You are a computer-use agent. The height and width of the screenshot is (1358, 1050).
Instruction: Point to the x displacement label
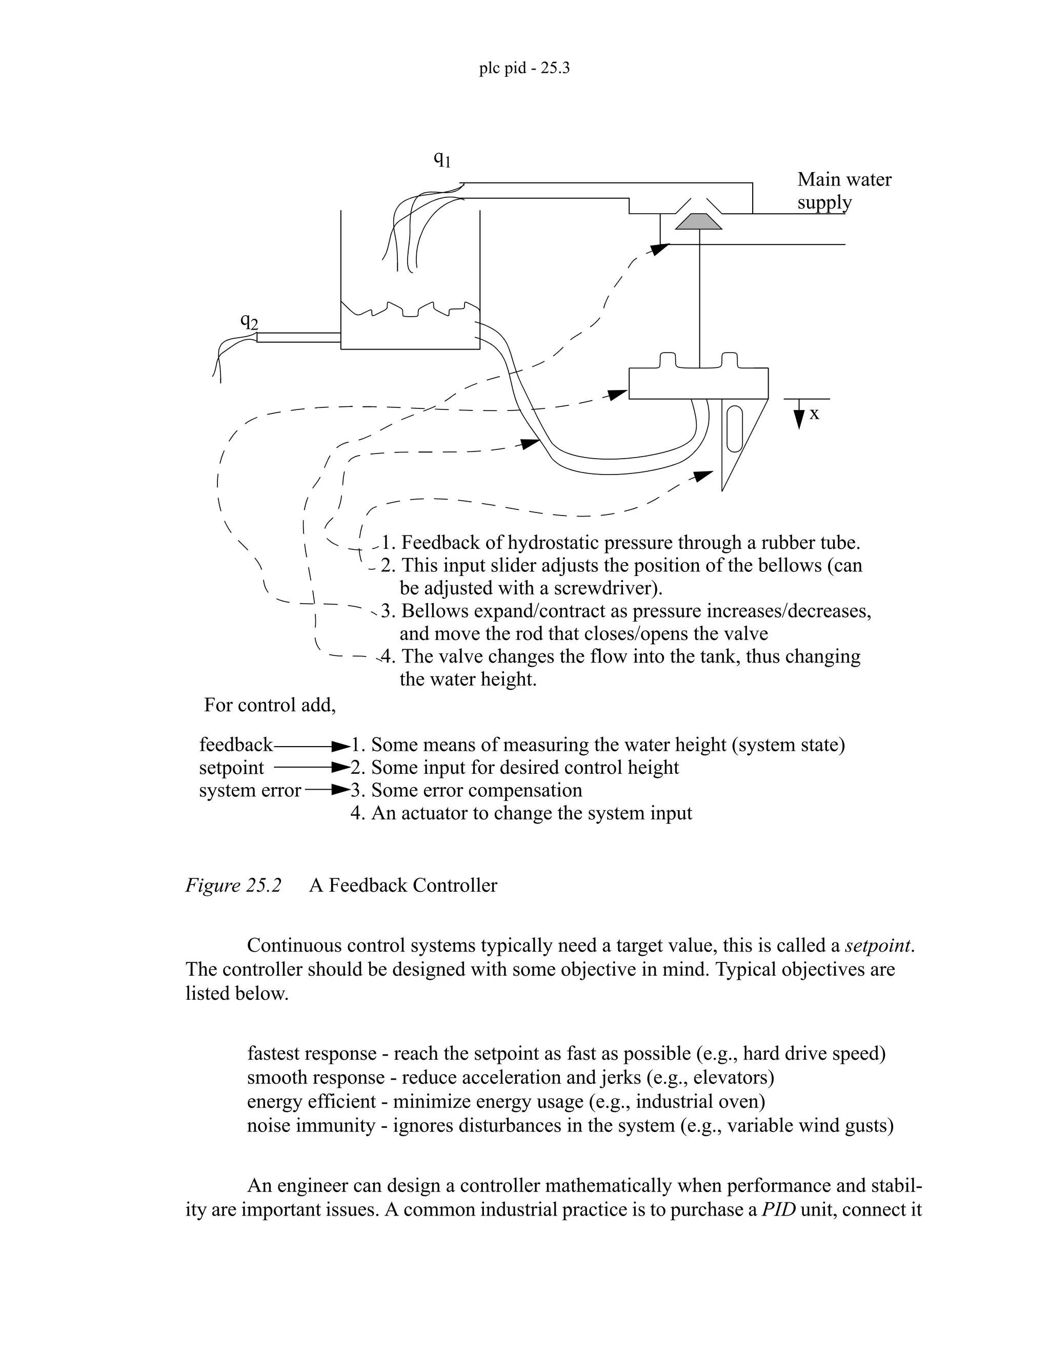click(x=814, y=414)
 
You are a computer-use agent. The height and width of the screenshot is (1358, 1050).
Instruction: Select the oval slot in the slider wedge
click(x=734, y=429)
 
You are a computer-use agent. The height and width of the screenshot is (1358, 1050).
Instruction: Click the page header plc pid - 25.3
click(x=524, y=68)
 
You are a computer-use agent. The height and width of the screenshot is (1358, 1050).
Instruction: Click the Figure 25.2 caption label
click(x=233, y=885)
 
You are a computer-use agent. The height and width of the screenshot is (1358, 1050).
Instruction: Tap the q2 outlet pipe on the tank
click(x=298, y=337)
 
